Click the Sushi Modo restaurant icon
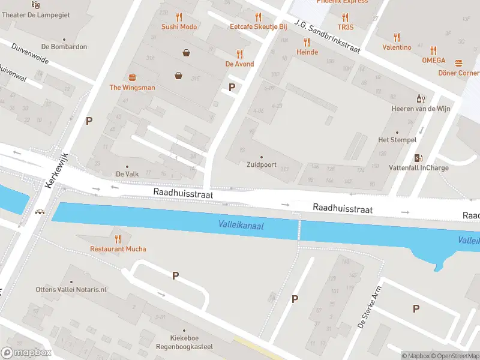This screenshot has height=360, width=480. point(179,17)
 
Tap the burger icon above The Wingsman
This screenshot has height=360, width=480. point(132,77)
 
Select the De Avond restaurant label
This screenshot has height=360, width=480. point(239,64)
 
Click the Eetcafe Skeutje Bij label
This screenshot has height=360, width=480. point(259,27)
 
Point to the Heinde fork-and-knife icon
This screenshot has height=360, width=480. point(307,42)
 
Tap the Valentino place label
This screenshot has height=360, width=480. point(397,47)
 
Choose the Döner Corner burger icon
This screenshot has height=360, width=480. point(459,63)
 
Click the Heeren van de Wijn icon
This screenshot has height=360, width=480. point(421,98)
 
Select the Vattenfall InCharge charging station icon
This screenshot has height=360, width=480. point(418,158)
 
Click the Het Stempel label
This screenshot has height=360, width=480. point(397,140)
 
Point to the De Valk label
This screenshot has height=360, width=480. point(127,174)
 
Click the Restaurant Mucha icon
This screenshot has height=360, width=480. point(118,239)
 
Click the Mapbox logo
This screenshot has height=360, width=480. point(26,352)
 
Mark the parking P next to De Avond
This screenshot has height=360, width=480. point(232,87)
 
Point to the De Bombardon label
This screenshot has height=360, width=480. point(64,47)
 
